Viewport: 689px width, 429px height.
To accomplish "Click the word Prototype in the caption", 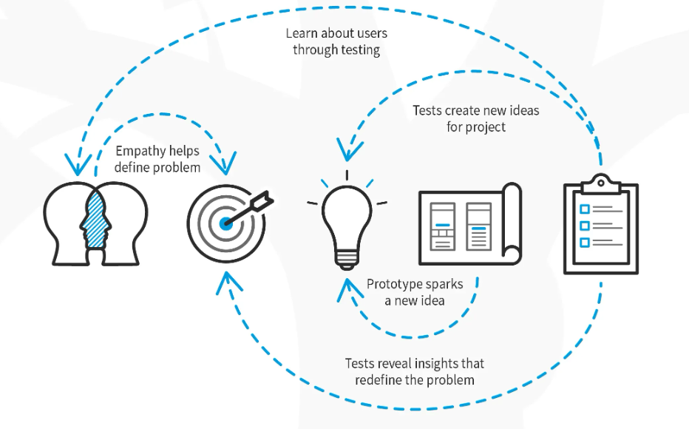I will (396, 284).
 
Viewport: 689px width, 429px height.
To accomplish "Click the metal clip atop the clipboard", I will (601, 181).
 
